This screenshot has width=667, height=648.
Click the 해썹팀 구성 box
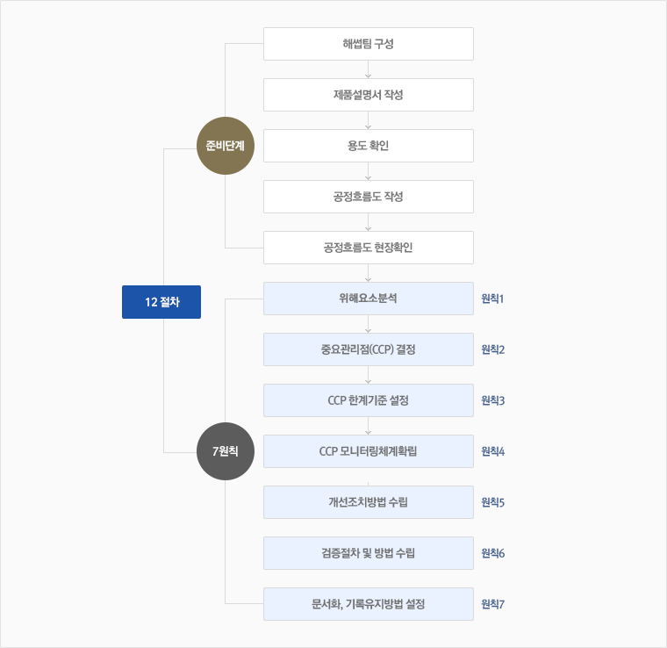(x=369, y=44)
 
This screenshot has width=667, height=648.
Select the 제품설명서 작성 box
(x=369, y=95)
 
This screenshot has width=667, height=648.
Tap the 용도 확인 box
(x=369, y=146)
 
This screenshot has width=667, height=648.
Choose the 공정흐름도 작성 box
(x=369, y=197)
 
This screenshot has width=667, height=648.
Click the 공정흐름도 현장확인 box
(x=369, y=248)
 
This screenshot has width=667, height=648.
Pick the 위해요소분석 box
(x=369, y=299)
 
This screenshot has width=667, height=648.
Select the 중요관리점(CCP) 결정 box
(x=369, y=349)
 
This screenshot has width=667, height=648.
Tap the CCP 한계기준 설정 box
(x=369, y=400)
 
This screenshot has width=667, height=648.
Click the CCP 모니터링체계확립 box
(x=369, y=451)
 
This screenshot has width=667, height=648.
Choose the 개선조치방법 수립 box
(x=369, y=502)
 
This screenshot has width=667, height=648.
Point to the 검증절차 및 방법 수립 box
(x=369, y=553)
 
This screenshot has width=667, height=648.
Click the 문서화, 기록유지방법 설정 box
(x=369, y=604)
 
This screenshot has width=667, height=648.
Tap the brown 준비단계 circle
(x=226, y=146)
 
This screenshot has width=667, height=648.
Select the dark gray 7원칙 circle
(x=226, y=451)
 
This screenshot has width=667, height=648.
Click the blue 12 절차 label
(x=161, y=302)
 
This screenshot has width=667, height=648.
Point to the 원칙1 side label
(x=492, y=299)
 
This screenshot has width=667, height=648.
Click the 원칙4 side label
(x=492, y=451)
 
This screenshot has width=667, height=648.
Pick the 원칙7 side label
(x=492, y=604)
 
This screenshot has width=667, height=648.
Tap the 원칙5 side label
(x=492, y=502)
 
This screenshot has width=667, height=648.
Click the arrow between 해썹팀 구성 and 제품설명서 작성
(x=369, y=69)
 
